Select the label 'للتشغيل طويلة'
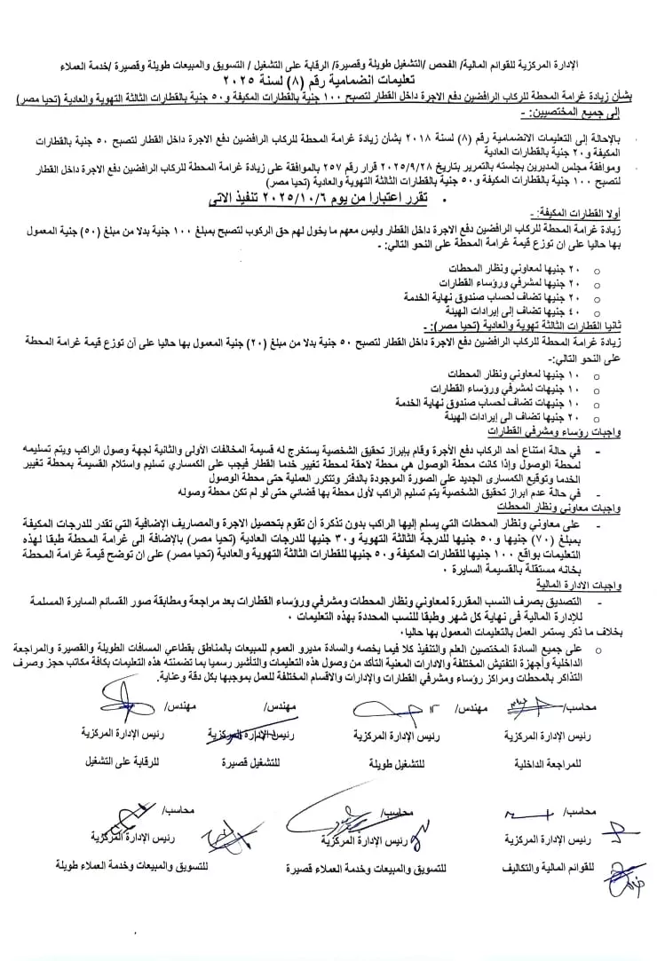pos(384,762)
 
